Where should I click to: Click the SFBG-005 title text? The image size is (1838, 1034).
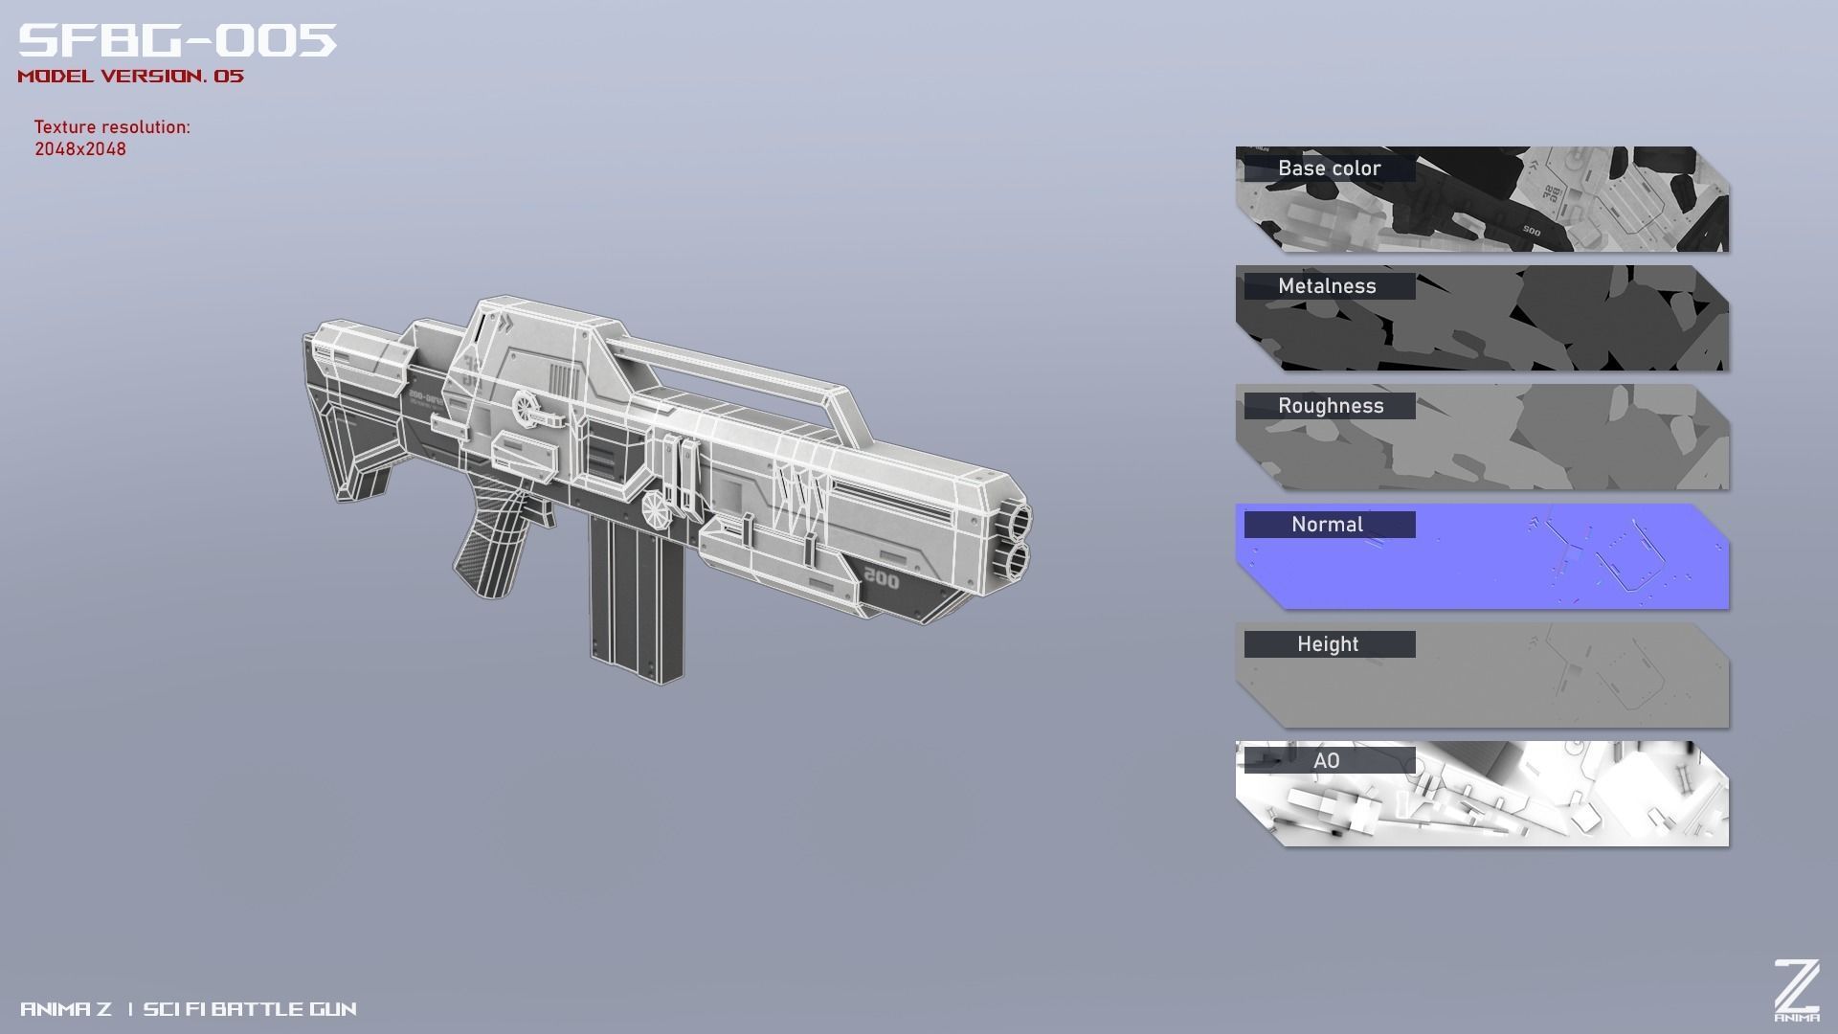pos(177,40)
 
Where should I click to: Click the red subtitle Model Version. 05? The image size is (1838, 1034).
pos(130,77)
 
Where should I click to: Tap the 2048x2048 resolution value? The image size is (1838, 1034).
pos(80,149)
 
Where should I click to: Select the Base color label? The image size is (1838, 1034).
pos(1329,169)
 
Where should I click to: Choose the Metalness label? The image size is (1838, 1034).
pos(1327,286)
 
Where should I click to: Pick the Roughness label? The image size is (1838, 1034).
pos(1331,406)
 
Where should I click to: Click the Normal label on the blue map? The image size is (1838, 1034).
pos(1327,525)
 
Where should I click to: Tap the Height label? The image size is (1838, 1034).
pos(1328,644)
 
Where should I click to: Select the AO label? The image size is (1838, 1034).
pos(1326,761)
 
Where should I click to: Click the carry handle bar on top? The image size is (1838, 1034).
pos(728,365)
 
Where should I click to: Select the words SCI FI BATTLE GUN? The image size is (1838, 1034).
pos(250,1009)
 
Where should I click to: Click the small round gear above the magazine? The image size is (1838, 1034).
pos(655,508)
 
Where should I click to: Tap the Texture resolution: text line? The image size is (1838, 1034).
pos(112,127)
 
